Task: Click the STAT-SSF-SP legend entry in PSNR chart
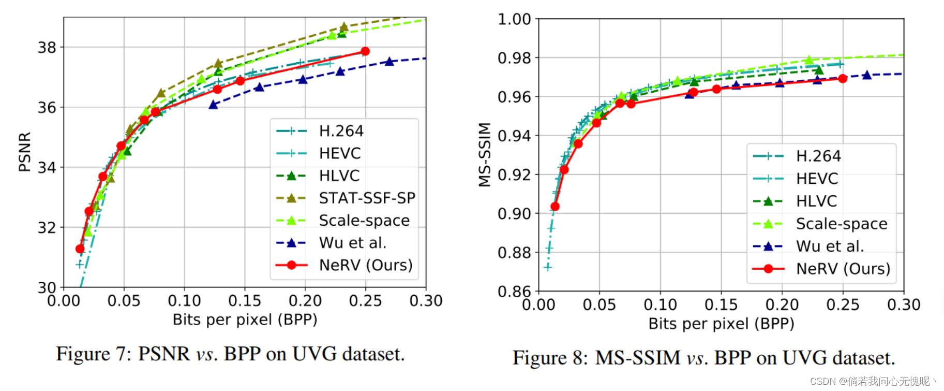click(367, 198)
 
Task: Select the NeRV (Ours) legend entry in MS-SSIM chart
click(843, 269)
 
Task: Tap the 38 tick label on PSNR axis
click(47, 48)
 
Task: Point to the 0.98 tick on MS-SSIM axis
click(514, 58)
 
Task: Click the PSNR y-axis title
click(24, 152)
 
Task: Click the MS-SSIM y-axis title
click(484, 154)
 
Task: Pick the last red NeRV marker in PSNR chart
click(365, 51)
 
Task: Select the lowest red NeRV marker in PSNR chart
click(80, 249)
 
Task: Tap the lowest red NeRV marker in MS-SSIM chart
click(555, 207)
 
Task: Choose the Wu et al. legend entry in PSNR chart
click(352, 242)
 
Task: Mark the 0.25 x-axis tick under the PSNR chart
click(365, 301)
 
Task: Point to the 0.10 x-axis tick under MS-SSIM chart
click(660, 305)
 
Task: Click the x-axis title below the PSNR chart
click(245, 320)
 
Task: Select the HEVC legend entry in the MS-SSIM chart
click(817, 179)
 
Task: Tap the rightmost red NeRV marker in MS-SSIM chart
click(843, 79)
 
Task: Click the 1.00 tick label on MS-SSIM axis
click(514, 19)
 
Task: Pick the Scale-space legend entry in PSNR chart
click(364, 221)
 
